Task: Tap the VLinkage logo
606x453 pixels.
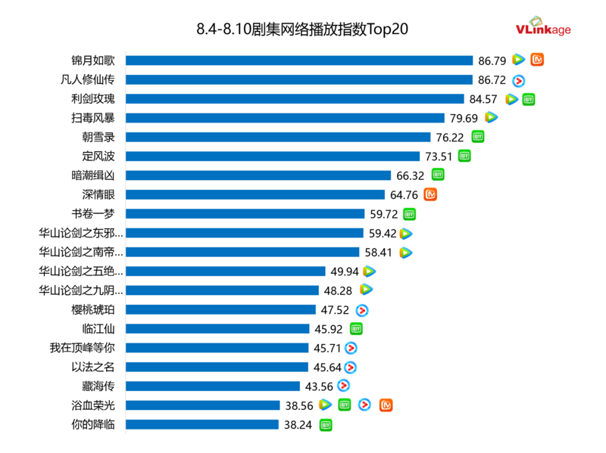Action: (x=543, y=26)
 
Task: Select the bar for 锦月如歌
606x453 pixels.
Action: (x=299, y=60)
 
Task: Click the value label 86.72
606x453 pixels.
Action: (x=493, y=79)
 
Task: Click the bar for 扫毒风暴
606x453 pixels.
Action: (x=285, y=117)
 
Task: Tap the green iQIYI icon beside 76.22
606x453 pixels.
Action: (x=478, y=137)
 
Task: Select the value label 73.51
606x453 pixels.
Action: (x=439, y=157)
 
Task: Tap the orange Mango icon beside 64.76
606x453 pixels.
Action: (x=430, y=194)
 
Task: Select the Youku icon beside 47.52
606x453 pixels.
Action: (x=362, y=310)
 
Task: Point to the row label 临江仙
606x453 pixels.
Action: (x=98, y=329)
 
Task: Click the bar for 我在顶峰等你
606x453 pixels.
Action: (x=218, y=348)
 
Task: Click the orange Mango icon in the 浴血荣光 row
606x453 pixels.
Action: (x=386, y=405)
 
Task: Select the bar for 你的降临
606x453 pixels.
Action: (x=202, y=424)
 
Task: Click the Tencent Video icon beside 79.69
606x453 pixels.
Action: (x=491, y=117)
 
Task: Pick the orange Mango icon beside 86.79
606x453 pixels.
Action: (x=537, y=60)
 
